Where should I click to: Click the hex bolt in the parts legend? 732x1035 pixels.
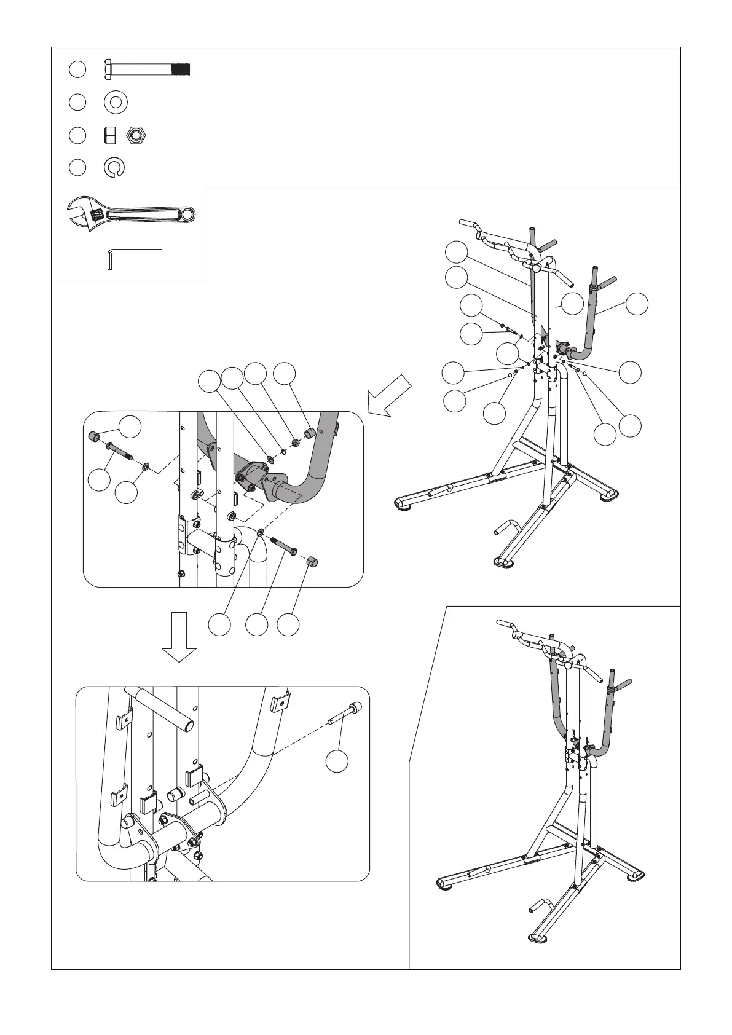click(x=146, y=68)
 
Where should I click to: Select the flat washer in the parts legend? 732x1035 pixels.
click(x=116, y=102)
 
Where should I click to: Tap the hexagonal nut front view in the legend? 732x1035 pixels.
click(x=136, y=135)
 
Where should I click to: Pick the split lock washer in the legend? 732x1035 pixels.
click(x=115, y=168)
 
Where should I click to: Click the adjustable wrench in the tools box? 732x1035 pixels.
click(x=130, y=215)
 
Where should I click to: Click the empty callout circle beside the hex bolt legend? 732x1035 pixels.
click(x=77, y=69)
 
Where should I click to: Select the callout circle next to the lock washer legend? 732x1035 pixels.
click(x=77, y=168)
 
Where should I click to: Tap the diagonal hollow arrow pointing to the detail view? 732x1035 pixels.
click(x=388, y=396)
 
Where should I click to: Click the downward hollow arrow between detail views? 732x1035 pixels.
click(x=179, y=637)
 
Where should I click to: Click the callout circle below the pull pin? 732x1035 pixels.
click(x=337, y=760)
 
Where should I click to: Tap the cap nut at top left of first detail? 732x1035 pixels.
click(x=95, y=436)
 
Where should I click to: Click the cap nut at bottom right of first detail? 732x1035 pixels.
click(x=312, y=561)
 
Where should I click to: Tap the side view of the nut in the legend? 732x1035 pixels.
click(x=110, y=135)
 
